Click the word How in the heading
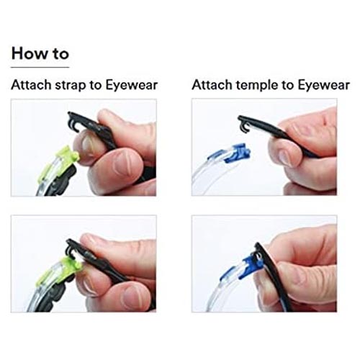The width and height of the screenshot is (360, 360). tap(30, 53)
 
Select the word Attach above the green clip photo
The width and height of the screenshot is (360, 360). tap(31, 85)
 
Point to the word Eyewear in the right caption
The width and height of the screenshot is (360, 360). tap(324, 85)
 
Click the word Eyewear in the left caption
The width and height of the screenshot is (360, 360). tap(132, 85)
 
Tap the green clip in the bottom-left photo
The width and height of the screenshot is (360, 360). tap(59, 271)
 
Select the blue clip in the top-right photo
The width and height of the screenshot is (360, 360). tap(234, 153)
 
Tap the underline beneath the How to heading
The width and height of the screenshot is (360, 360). tap(40, 67)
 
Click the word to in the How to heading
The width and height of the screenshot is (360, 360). tap(61, 54)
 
